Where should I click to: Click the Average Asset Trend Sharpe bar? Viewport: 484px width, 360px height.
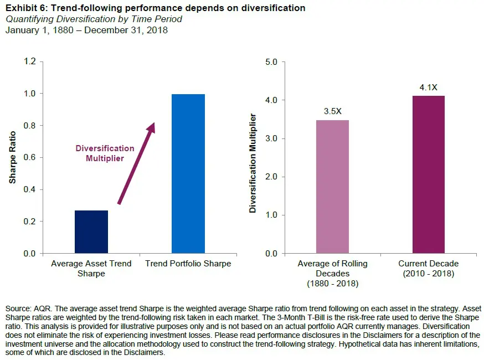click(x=91, y=232)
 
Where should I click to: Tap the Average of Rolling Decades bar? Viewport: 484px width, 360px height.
click(x=332, y=187)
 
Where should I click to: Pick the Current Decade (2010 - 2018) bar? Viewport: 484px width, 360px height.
click(x=429, y=174)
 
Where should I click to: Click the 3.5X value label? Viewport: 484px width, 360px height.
click(x=332, y=111)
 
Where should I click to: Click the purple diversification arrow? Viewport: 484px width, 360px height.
click(x=136, y=163)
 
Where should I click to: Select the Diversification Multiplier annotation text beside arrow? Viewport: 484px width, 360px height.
click(x=105, y=153)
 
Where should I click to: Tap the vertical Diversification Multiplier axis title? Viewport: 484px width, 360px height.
click(x=253, y=163)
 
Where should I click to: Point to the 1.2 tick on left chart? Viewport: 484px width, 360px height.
click(x=29, y=61)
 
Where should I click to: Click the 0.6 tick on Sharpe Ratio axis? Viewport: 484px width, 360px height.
click(x=29, y=158)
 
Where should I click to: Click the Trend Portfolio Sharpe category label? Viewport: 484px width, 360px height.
click(x=188, y=264)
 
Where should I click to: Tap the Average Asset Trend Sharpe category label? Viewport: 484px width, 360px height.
click(x=91, y=268)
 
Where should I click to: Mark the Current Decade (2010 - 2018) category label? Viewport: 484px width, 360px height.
click(x=429, y=268)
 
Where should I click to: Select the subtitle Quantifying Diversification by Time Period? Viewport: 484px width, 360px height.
click(x=94, y=19)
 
